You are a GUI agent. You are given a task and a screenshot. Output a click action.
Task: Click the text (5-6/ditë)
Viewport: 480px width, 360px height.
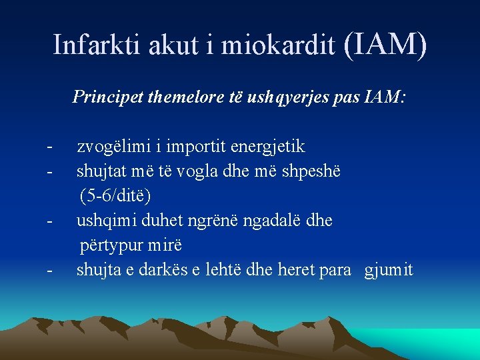pyautogui.click(x=115, y=195)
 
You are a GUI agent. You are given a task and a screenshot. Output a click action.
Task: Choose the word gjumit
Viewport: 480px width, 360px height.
pyautogui.click(x=389, y=269)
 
